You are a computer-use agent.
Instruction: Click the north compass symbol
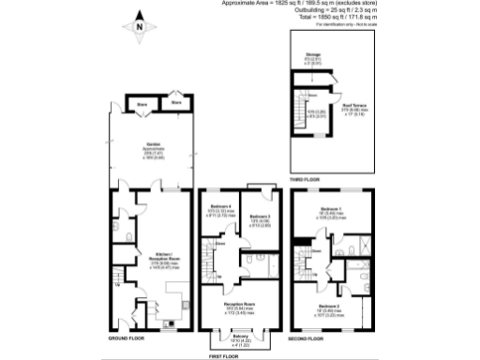pyautogui.click(x=139, y=27)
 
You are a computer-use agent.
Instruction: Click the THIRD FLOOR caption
pyautogui.click(x=306, y=178)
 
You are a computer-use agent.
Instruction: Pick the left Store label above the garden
pyautogui.click(x=142, y=104)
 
